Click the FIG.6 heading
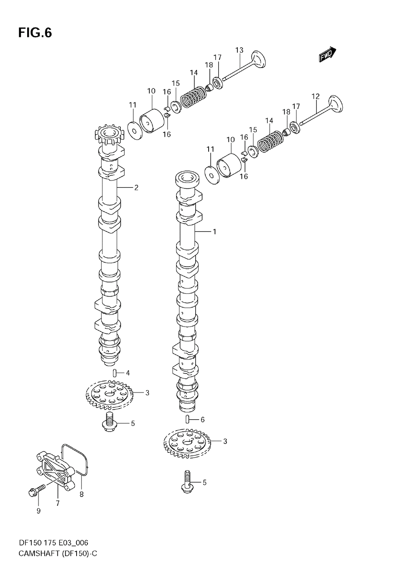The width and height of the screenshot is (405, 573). pos(35,33)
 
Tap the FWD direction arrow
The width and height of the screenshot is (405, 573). pos(327,54)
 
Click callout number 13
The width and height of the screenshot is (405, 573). pos(239,50)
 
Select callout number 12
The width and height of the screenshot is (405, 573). pos(315,96)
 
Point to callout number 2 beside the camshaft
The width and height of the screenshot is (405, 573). pos(136,188)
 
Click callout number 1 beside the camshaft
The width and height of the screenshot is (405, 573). pos(215,232)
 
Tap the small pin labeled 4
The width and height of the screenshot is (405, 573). pos(115,373)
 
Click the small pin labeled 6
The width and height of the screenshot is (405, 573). pos(188,420)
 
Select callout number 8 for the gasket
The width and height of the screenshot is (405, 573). pos(81,494)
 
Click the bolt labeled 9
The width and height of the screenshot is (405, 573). pos(36,491)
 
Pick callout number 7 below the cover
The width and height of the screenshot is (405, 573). pos(58,503)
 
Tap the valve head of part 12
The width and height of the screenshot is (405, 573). pos(336,104)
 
